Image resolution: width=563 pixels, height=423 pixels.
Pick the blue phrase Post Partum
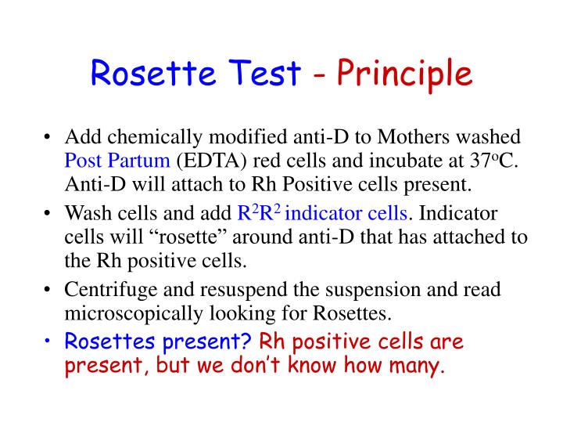[x=117, y=162]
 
